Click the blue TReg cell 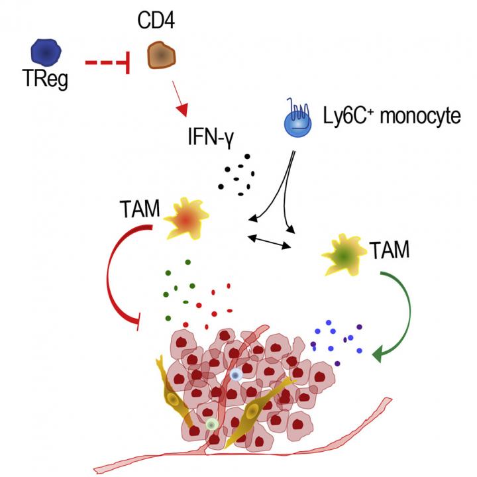tap(46, 52)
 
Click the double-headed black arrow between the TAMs tap(269, 240)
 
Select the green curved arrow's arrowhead tap(381, 356)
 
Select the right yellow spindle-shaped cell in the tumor tap(252, 412)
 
